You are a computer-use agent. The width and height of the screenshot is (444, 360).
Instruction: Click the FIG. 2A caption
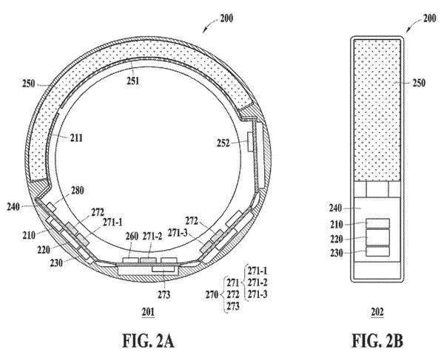click(148, 341)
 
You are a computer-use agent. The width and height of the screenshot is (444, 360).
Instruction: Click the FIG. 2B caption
click(377, 341)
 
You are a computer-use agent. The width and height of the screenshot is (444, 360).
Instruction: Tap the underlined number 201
click(148, 312)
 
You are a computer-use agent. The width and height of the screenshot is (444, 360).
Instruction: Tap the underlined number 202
click(377, 312)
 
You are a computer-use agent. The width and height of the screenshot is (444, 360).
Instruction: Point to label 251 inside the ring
click(132, 81)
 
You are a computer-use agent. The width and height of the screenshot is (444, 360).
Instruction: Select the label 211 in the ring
click(76, 137)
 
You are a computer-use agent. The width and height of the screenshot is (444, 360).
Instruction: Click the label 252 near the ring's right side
click(223, 143)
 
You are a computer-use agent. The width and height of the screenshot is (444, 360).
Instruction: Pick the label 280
click(77, 190)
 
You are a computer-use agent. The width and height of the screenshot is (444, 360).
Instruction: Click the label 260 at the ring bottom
click(132, 236)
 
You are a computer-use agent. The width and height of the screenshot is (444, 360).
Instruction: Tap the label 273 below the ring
click(164, 295)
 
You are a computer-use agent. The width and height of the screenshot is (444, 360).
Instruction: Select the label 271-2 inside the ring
click(152, 236)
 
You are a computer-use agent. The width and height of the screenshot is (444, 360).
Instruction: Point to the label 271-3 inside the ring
click(178, 233)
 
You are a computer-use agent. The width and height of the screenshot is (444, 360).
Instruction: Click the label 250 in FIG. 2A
click(29, 84)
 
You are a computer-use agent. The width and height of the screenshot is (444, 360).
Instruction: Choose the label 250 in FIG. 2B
click(419, 83)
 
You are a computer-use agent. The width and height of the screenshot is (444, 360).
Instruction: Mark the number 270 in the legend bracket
click(212, 295)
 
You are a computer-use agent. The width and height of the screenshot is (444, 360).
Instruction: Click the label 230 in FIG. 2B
click(337, 253)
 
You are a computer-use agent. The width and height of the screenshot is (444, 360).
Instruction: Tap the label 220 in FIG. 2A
click(44, 250)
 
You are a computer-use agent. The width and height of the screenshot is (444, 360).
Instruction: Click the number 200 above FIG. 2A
click(226, 18)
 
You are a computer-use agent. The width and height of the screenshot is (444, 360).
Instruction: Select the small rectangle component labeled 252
click(251, 142)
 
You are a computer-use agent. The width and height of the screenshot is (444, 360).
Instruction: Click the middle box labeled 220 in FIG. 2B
click(377, 237)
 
